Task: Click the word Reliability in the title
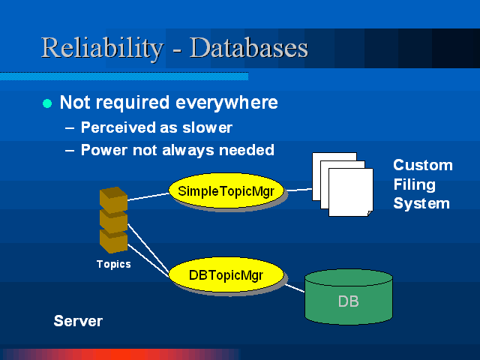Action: (102, 48)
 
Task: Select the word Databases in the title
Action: (248, 47)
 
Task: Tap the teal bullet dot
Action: (47, 103)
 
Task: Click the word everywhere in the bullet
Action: (226, 102)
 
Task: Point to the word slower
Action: (207, 127)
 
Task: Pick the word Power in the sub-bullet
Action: (104, 150)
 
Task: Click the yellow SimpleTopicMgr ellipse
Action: (226, 190)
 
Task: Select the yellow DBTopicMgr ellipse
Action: (226, 274)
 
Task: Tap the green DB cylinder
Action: (349, 297)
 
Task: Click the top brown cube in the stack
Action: (113, 199)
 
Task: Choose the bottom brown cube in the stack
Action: (113, 241)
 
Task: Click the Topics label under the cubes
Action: (113, 264)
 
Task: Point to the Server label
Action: (78, 321)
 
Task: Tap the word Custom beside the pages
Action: (423, 165)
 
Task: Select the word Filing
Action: (415, 185)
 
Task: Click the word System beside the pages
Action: (421, 203)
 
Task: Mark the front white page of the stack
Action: (351, 192)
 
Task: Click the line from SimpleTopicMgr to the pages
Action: (299, 190)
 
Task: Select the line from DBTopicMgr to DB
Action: (295, 288)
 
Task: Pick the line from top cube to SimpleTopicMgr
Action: (148, 196)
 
